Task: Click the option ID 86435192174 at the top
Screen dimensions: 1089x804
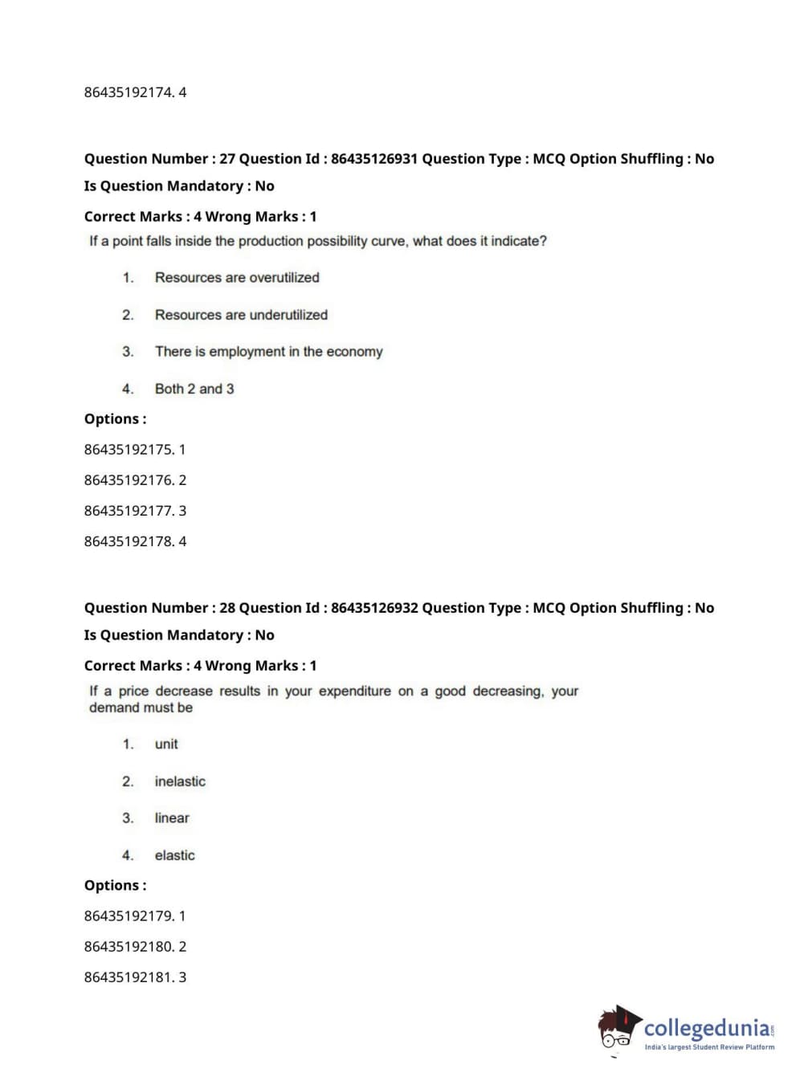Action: [129, 92]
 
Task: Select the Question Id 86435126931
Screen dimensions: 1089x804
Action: [374, 159]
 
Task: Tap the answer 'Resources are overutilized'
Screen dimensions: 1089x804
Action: [237, 278]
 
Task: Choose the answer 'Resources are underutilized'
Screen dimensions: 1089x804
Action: [241, 315]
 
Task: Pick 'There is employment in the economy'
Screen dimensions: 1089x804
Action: [268, 352]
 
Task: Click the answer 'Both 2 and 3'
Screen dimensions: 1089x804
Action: [194, 389]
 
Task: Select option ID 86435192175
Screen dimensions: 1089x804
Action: [129, 450]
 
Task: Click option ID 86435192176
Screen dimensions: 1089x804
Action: [129, 480]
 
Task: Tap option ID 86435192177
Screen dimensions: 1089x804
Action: [129, 511]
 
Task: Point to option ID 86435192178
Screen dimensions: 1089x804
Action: [129, 541]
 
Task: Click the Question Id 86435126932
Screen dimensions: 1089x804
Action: [374, 608]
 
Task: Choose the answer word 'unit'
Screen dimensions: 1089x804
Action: [166, 744]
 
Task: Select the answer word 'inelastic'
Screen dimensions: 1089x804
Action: [180, 781]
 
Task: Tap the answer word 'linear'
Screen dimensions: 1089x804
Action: [172, 818]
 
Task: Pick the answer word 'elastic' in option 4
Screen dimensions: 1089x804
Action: [174, 855]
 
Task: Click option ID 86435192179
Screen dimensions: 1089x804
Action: [129, 916]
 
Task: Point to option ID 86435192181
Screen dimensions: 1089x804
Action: [129, 977]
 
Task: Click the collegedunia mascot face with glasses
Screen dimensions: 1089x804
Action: [617, 1031]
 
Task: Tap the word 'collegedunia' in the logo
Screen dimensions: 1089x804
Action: [706, 1028]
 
